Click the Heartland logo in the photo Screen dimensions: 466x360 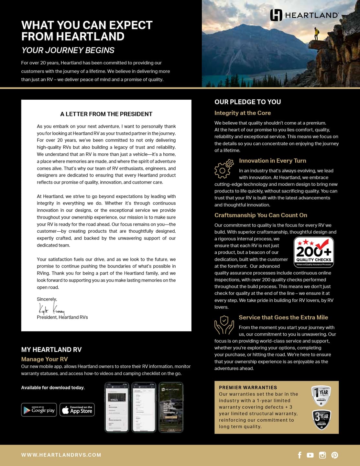click(x=304, y=15)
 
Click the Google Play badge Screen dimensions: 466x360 click(x=39, y=410)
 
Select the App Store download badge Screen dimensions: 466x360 click(x=77, y=410)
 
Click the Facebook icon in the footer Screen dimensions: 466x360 click(x=300, y=455)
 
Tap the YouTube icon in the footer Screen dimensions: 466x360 click(x=310, y=455)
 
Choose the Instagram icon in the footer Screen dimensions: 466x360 click(x=322, y=455)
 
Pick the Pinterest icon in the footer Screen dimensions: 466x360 click(x=335, y=455)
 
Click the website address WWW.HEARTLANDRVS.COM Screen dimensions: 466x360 click(x=61, y=455)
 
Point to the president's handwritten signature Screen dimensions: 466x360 click(x=51, y=309)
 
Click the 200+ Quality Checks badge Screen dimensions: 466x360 click(x=314, y=252)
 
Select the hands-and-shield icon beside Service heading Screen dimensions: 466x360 click(x=224, y=325)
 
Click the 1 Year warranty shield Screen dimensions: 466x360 click(x=321, y=395)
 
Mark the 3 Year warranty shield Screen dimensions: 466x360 click(x=321, y=420)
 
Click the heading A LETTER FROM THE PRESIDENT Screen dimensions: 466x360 click(x=106, y=114)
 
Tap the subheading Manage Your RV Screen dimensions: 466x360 click(x=44, y=359)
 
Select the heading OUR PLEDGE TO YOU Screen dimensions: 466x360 click(x=247, y=102)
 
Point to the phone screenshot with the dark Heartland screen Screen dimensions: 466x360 click(x=171, y=407)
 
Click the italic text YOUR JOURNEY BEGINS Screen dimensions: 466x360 click(x=68, y=50)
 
